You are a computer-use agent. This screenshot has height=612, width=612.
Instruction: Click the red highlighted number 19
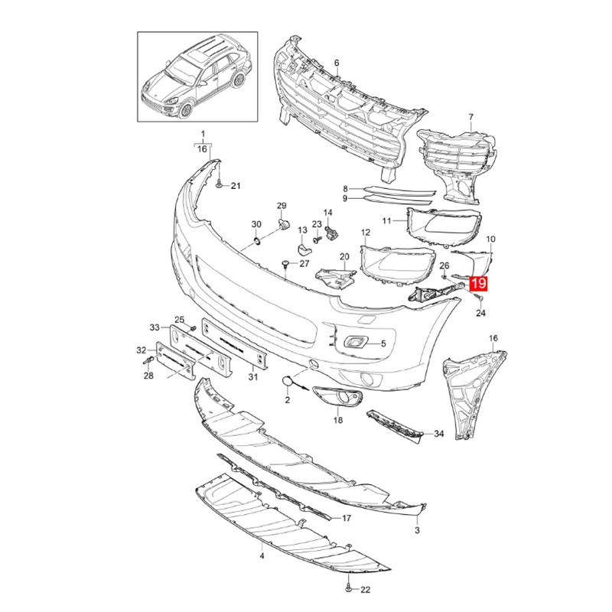[478, 285]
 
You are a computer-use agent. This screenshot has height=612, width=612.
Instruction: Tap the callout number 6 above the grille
[336, 62]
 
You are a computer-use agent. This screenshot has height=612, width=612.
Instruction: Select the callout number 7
[470, 117]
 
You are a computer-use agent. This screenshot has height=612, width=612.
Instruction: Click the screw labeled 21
[220, 184]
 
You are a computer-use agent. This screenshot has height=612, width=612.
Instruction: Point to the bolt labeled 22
[349, 588]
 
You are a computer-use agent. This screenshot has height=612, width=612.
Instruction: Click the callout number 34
[439, 434]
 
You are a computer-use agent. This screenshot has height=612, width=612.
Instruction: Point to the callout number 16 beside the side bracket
[493, 337]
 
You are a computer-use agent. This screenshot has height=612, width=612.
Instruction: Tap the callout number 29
[281, 207]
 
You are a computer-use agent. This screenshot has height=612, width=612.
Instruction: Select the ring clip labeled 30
[258, 242]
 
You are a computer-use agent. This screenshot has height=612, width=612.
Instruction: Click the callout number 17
[346, 518]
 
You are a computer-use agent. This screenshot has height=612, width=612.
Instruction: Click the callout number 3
[418, 530]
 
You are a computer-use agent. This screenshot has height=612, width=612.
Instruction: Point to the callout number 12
[366, 232]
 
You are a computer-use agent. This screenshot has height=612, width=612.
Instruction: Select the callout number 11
[387, 221]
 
